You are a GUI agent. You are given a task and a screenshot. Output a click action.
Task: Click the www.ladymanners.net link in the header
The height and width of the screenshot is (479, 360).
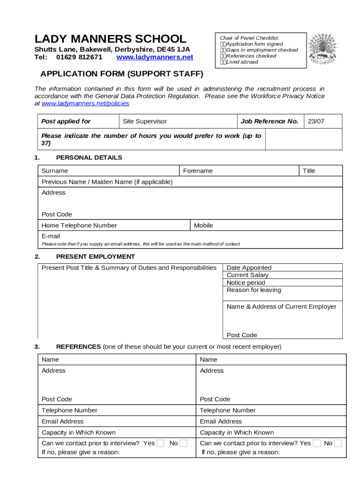point(154,57)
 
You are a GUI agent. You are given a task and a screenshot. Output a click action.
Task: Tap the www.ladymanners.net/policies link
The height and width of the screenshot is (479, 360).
point(86,103)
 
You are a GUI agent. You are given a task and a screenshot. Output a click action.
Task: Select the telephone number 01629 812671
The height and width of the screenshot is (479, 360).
point(79,57)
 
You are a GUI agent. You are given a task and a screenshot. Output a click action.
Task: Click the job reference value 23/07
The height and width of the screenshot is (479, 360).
point(316,121)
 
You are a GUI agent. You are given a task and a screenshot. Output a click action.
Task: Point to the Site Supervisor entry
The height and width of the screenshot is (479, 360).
point(144,121)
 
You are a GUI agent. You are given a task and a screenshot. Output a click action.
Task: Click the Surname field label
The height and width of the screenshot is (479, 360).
point(55,171)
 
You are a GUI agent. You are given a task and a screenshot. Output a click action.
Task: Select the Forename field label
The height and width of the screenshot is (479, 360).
point(198,171)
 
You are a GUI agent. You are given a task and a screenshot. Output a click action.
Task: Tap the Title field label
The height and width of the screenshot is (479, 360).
point(309,171)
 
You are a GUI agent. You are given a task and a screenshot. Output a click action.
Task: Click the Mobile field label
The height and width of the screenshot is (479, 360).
point(203,225)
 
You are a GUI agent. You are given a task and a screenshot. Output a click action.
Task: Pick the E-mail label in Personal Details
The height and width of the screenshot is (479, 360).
point(51,236)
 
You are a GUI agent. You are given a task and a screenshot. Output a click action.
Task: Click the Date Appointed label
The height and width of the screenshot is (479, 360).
point(249,268)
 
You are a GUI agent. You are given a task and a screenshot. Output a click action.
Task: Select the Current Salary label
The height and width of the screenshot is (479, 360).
point(247,275)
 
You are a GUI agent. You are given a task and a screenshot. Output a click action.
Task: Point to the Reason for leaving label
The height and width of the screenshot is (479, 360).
point(254,290)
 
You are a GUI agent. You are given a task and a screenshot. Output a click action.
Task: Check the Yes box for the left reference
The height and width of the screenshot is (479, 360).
point(160,443)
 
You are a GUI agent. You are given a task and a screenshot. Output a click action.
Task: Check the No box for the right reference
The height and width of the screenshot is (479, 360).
point(338,443)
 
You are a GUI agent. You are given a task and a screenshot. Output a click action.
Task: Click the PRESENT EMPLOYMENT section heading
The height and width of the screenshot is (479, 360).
point(95,256)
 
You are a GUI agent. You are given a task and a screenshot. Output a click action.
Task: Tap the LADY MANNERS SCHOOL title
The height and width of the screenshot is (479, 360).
point(110,39)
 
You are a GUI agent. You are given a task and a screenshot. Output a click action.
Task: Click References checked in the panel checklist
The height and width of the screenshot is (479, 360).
point(251,56)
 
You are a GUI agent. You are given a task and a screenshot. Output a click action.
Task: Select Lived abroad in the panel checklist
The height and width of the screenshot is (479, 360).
point(242,62)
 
